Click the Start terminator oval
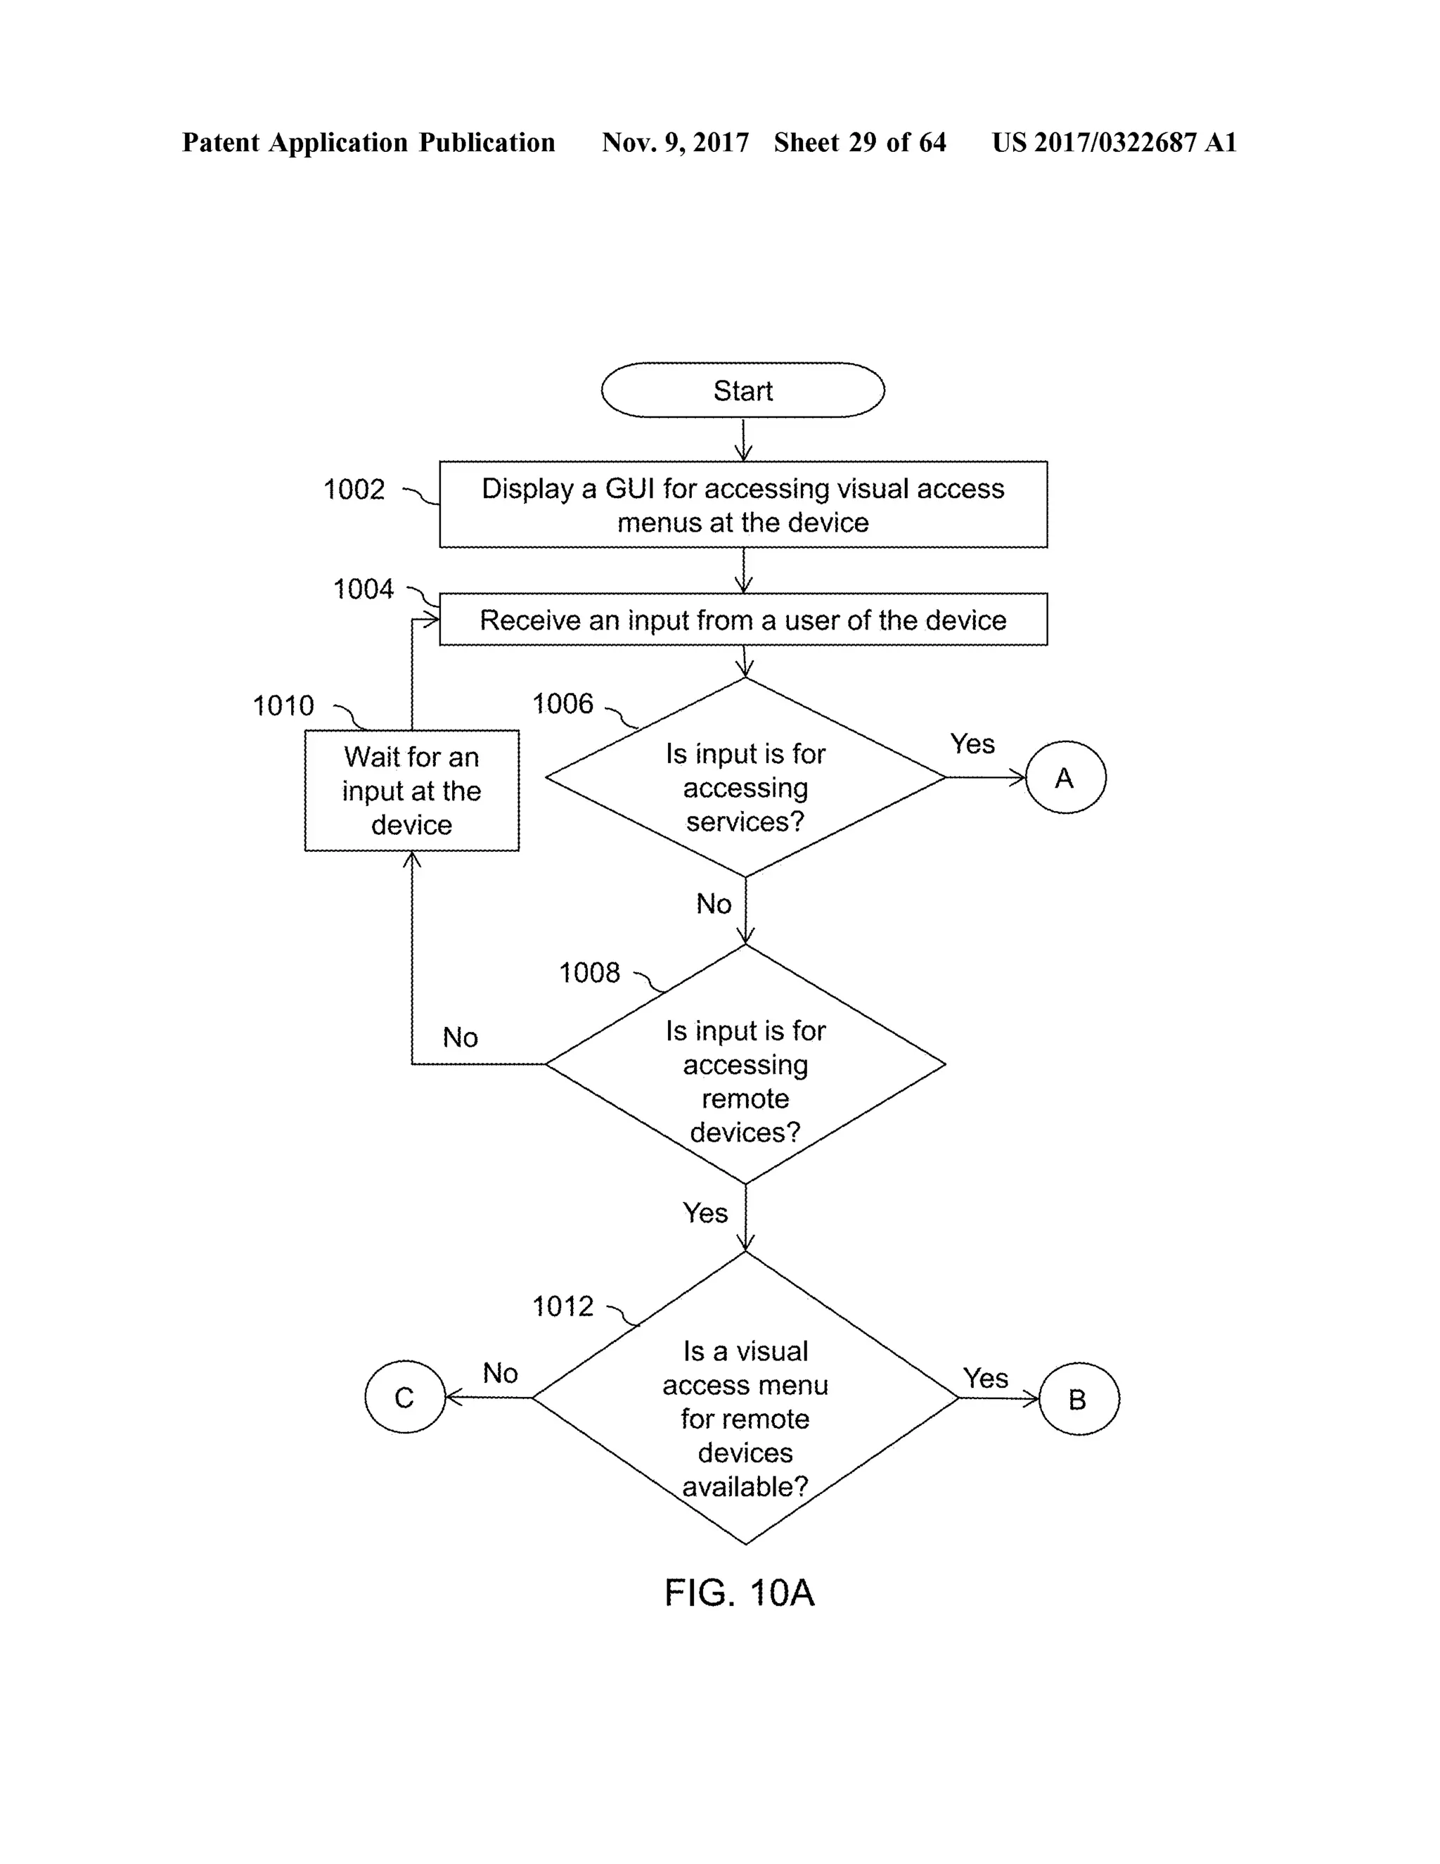(742, 390)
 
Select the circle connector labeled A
(1065, 777)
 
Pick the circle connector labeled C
(404, 1397)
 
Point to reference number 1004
(364, 589)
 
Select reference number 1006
(562, 704)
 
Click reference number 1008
(589, 973)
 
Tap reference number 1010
(283, 706)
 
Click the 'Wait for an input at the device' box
(411, 791)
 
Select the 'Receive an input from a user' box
(742, 620)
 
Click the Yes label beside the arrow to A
(972, 744)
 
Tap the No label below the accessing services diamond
(713, 904)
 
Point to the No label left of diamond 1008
(460, 1038)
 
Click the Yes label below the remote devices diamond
(705, 1213)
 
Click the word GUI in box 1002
(631, 488)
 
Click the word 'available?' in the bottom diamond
(745, 1487)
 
